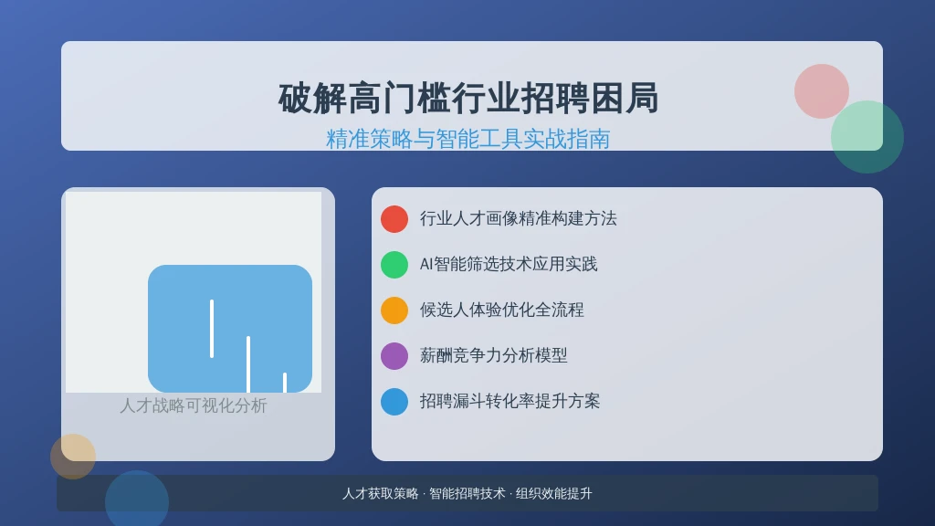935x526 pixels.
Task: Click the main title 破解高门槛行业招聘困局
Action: click(x=468, y=99)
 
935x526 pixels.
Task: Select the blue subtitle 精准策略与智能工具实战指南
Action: click(x=468, y=139)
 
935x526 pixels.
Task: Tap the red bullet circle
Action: click(x=394, y=219)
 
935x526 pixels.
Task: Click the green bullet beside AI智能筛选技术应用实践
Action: click(x=394, y=264)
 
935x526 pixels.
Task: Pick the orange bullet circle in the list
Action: click(x=394, y=310)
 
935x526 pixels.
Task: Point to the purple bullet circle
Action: click(x=394, y=356)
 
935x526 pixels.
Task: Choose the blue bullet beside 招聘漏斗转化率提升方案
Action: click(x=394, y=402)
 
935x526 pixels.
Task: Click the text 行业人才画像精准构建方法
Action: click(x=519, y=219)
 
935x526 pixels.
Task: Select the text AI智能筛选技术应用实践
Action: click(x=509, y=264)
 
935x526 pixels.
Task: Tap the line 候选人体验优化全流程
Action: click(x=501, y=310)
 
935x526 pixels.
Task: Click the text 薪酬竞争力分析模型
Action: click(x=493, y=356)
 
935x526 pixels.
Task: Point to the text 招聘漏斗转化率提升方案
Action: click(x=510, y=402)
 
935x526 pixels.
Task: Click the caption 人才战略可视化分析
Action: click(x=194, y=405)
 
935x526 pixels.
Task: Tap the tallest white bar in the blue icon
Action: click(x=212, y=329)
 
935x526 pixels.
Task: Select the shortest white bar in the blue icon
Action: click(x=285, y=383)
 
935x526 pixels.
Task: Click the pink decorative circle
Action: click(x=821, y=91)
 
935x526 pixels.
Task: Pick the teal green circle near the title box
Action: click(x=867, y=137)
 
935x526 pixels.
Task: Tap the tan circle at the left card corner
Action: click(x=73, y=457)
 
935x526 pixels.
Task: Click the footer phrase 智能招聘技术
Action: click(x=467, y=494)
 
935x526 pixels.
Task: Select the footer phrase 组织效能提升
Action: click(x=554, y=494)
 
